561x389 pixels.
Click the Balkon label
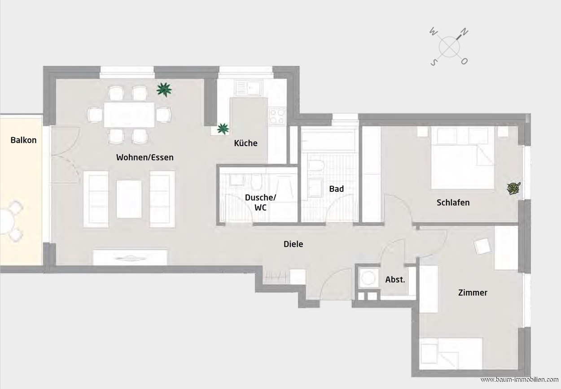pos(23,140)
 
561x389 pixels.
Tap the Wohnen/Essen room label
pos(145,157)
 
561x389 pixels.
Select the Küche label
pos(245,143)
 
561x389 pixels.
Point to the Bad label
pos(336,189)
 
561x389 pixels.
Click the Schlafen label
pos(453,203)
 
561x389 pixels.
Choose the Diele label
pos(293,244)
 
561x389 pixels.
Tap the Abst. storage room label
pos(395,280)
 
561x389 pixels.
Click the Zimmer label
pos(473,293)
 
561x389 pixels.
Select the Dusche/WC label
pos(260,203)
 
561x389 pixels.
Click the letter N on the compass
pos(464,32)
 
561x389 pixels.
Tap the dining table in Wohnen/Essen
pos(129,115)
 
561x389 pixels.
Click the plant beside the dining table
pos(164,90)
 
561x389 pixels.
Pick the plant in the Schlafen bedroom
pos(514,188)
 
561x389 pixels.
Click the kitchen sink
pos(249,87)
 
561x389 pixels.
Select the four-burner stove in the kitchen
pos(277,117)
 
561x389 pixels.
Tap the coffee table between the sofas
pos(129,199)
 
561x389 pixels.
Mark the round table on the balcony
pos(5,222)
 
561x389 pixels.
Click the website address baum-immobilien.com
pos(519,380)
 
